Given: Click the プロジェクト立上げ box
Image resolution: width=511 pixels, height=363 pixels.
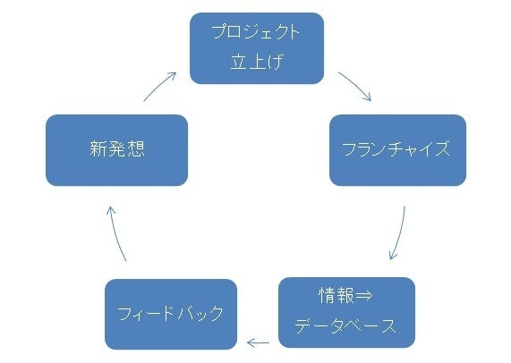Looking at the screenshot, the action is [x=257, y=48].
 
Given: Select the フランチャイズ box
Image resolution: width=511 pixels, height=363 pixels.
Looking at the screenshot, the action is [x=397, y=150].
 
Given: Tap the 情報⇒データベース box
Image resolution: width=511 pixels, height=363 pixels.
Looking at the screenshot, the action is [x=346, y=313].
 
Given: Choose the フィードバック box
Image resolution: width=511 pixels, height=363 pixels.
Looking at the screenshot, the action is [x=171, y=314].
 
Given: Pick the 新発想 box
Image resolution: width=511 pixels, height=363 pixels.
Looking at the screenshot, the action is [x=116, y=150].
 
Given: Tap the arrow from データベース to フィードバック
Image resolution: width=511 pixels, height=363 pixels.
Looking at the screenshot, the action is [x=258, y=342].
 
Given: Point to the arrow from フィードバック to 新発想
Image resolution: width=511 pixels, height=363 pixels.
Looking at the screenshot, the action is [x=115, y=232].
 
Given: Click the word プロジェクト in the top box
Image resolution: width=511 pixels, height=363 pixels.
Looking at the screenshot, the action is [x=256, y=32].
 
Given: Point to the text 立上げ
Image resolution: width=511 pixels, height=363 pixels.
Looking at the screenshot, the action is [x=257, y=62].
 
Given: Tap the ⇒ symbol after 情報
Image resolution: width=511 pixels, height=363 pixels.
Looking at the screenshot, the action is [x=363, y=296].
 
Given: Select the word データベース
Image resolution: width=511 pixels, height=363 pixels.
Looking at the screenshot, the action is [x=345, y=325].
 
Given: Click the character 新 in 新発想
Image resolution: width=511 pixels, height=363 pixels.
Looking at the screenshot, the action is [x=98, y=148].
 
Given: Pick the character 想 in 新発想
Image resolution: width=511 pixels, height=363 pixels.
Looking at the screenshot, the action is [x=135, y=148].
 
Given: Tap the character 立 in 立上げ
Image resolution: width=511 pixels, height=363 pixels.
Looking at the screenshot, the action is [x=239, y=62].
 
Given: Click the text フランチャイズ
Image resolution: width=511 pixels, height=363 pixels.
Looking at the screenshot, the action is [x=396, y=148].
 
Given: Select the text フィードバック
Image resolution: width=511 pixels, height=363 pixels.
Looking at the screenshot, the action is [x=170, y=314].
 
